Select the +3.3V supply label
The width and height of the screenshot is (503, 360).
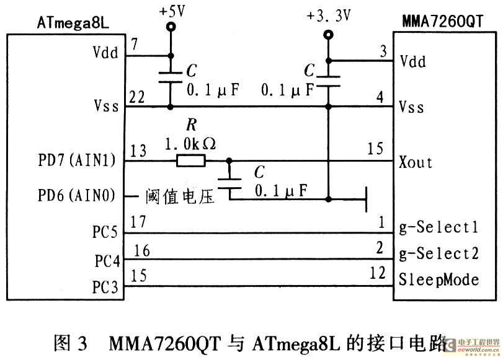[x=328, y=15]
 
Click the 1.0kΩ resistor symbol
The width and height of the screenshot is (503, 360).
[x=190, y=162]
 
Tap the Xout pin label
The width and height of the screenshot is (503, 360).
[x=416, y=163]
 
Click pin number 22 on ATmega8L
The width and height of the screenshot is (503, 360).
[x=137, y=98]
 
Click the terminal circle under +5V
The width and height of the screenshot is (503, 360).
[x=171, y=27]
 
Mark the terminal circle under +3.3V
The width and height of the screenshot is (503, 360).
[x=328, y=35]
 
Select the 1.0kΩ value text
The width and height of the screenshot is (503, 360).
[x=190, y=144]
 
